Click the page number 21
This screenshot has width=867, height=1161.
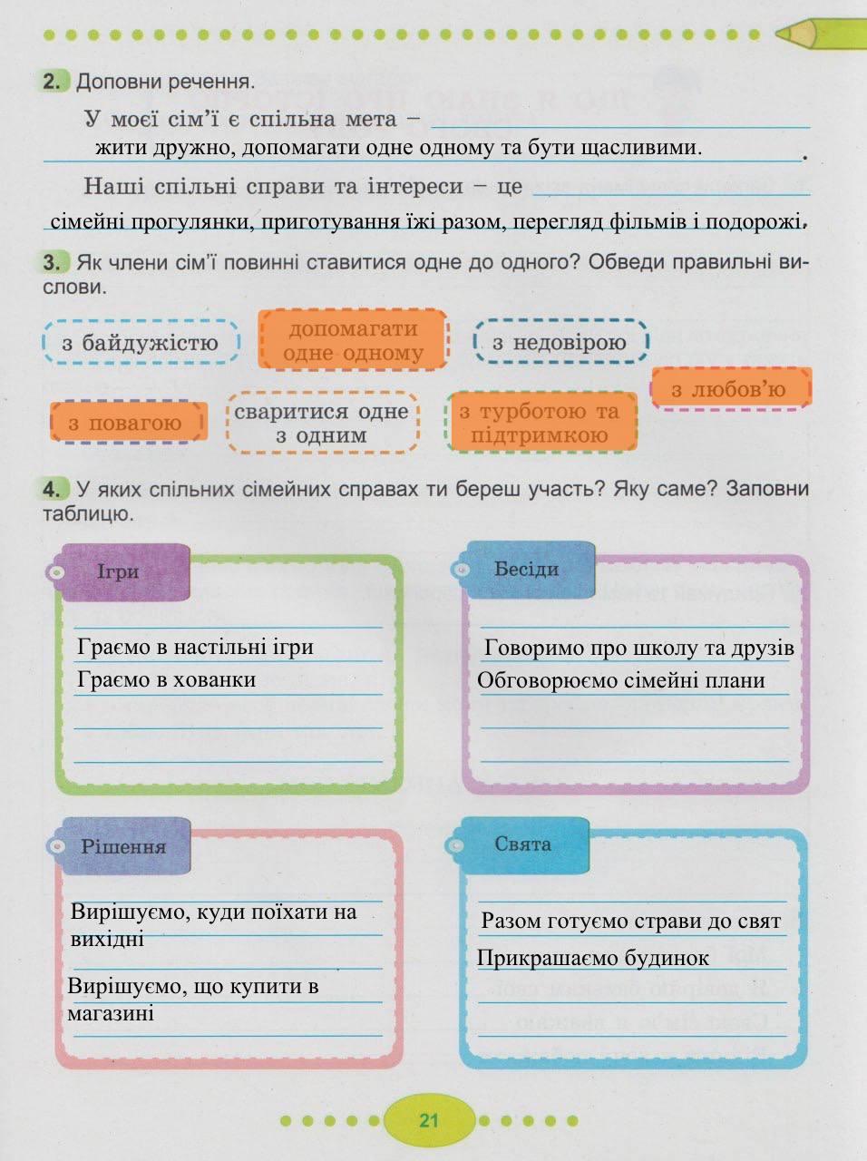click(429, 1120)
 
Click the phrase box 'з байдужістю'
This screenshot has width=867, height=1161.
click(141, 343)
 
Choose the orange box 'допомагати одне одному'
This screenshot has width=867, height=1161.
click(354, 340)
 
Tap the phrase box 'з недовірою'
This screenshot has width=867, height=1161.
click(560, 342)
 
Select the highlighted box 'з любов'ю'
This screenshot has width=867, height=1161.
click(730, 389)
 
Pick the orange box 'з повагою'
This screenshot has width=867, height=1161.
click(127, 423)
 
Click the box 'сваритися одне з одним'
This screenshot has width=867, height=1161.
click(322, 424)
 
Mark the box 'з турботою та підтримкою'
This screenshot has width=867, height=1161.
click(541, 423)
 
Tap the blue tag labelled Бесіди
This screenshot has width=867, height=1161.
click(526, 569)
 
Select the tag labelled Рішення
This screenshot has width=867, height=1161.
click(123, 846)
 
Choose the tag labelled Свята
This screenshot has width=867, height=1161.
click(523, 844)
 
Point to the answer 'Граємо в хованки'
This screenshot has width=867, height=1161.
click(167, 679)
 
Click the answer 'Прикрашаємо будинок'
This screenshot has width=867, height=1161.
click(593, 958)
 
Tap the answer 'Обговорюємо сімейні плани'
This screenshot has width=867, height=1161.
click(621, 680)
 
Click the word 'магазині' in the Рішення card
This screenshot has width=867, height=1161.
click(111, 1013)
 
